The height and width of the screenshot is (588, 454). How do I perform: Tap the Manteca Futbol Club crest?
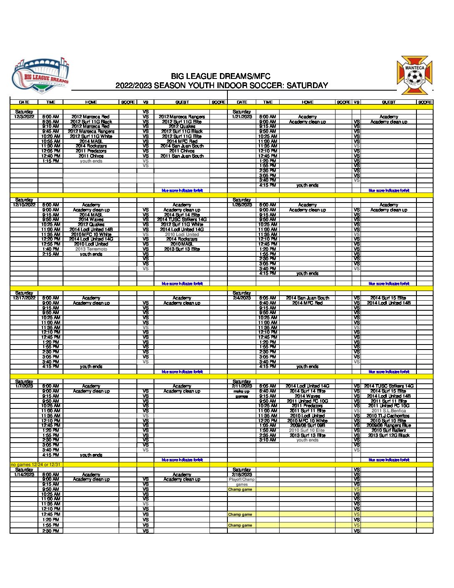point(414,76)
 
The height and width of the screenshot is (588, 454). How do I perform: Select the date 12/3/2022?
point(24,117)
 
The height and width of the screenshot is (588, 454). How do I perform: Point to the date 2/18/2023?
point(242,474)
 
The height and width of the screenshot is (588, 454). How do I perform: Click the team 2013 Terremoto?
point(91,249)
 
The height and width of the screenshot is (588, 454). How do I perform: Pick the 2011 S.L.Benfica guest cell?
point(388,411)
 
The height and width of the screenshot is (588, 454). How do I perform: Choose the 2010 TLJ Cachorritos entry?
point(388,416)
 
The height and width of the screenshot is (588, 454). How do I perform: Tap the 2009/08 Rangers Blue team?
point(388,426)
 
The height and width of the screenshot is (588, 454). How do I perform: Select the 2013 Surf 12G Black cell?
point(388,436)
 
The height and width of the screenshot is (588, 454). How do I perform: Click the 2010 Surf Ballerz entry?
point(388,431)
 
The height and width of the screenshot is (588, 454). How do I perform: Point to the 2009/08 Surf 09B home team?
point(308,426)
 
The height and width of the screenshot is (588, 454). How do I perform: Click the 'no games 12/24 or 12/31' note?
point(36,465)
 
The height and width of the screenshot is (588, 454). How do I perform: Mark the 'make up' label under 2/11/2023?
point(242,391)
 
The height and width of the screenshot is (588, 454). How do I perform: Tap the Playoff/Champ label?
point(242,479)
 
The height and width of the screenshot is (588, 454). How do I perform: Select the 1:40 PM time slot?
point(50,249)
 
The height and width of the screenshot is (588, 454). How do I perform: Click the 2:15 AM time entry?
point(50,254)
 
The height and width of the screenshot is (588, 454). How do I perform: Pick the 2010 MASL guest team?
point(182,244)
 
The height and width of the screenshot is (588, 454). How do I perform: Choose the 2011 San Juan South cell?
point(182,156)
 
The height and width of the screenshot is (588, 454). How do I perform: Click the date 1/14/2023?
point(24,474)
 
